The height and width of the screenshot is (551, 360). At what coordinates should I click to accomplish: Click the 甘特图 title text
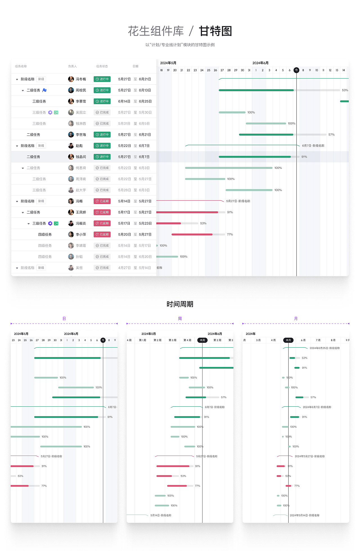tap(215, 31)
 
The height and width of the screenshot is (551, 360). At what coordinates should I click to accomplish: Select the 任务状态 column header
tap(102, 66)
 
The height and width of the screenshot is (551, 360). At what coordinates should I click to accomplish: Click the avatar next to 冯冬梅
tap(71, 79)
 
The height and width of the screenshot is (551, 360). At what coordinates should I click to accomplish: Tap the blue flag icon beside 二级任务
tap(44, 90)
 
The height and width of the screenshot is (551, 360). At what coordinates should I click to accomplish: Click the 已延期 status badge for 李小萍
tap(102, 234)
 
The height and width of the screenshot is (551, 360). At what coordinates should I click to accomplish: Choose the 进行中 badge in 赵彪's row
tap(102, 146)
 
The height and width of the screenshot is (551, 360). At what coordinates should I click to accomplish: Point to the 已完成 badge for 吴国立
tap(102, 112)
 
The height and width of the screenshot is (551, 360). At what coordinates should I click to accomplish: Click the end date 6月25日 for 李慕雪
tap(145, 101)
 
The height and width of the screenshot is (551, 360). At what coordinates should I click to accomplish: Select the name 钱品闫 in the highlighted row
tap(81, 157)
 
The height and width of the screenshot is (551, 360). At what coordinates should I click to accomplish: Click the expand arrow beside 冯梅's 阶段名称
tap(17, 201)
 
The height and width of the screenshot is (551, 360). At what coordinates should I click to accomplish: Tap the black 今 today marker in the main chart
tap(296, 70)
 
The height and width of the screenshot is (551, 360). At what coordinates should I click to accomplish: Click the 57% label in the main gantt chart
tap(331, 135)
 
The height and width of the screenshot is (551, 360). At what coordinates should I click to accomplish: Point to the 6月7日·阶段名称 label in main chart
tap(313, 146)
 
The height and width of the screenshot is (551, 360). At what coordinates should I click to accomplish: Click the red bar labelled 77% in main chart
tap(192, 234)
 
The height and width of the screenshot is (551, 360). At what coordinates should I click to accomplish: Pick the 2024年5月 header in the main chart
tap(168, 63)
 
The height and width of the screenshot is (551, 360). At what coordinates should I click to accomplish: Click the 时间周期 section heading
tap(180, 304)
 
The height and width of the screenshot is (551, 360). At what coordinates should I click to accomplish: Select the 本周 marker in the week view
tap(202, 340)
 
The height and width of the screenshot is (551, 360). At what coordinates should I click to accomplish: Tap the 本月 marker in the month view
tap(288, 340)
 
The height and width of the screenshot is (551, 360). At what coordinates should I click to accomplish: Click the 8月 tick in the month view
tap(333, 340)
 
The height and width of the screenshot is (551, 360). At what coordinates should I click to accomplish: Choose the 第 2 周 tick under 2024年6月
tap(217, 340)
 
